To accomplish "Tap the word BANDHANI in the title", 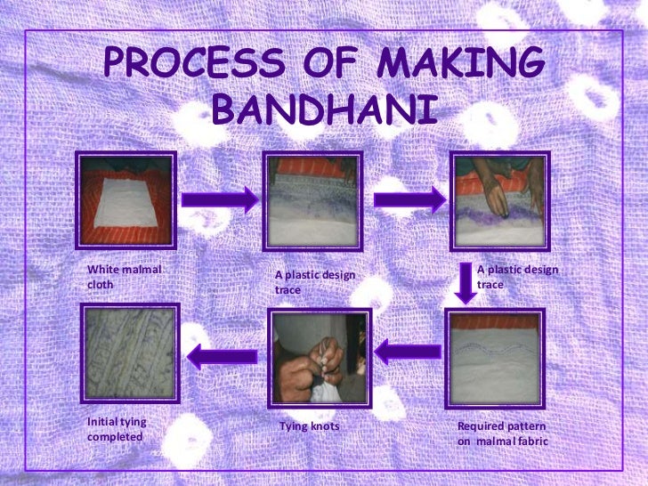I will pyautogui.click(x=326, y=111).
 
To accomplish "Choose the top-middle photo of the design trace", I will pyautogui.click(x=312, y=201).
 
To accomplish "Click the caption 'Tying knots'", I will pyautogui.click(x=309, y=426).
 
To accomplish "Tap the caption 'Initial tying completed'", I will pyautogui.click(x=117, y=429).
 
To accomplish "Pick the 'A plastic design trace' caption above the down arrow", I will pyautogui.click(x=517, y=277).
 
